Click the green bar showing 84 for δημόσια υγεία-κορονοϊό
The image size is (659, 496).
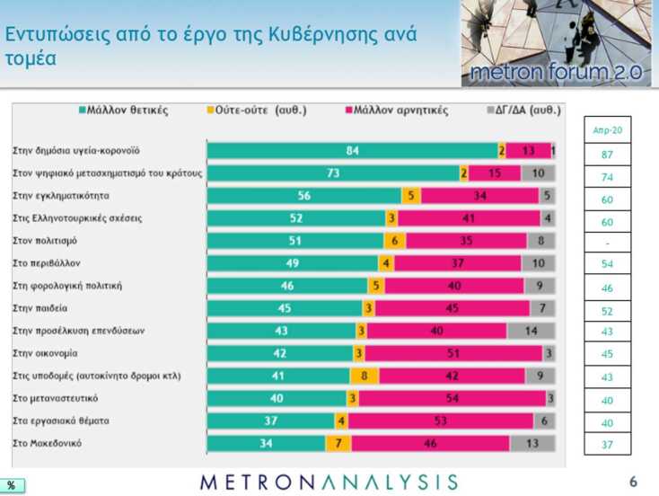(352, 151)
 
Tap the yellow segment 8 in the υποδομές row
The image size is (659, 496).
(364, 376)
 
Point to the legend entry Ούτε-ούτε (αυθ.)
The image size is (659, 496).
(257, 111)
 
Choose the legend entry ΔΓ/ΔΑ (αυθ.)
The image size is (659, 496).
(521, 111)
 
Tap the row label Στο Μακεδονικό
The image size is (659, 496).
(48, 443)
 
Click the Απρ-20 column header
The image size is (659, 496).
(607, 130)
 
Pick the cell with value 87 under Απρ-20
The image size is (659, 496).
(607, 155)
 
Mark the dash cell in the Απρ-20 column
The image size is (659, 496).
(607, 243)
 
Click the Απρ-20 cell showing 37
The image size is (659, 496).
(607, 443)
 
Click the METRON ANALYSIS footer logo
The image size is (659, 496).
(329, 482)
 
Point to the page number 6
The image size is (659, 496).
(633, 482)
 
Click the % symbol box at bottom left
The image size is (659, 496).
(12, 485)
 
